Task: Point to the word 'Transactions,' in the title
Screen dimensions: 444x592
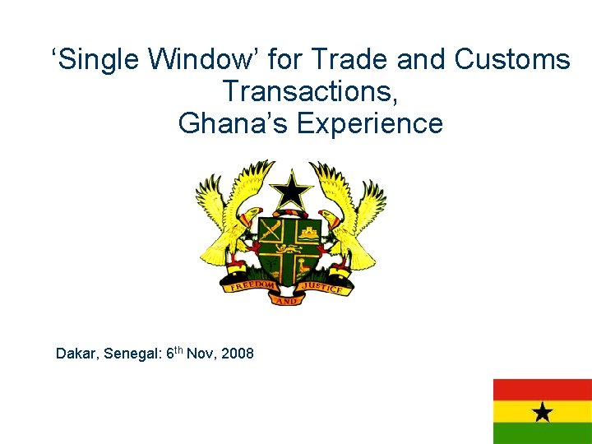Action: tap(310, 91)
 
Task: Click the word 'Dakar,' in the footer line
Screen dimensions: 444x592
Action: tap(76, 354)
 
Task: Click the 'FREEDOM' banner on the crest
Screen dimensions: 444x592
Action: tap(250, 284)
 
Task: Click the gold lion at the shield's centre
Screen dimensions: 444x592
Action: tap(289, 248)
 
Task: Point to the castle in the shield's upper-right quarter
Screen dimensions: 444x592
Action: tap(310, 231)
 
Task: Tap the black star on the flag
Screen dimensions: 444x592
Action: tap(542, 411)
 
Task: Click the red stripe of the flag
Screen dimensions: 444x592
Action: tap(542, 389)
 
